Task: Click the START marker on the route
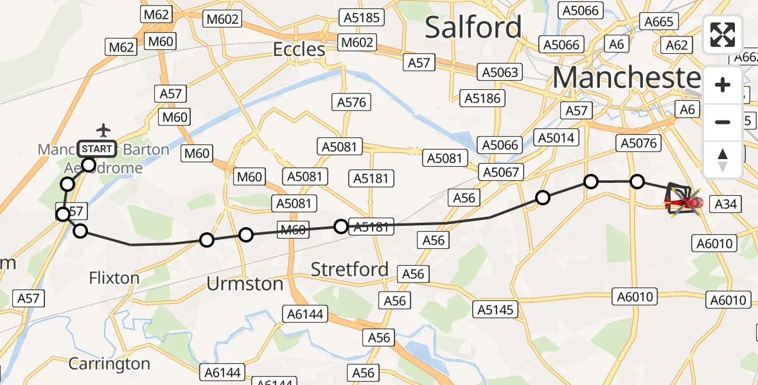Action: point(97,150)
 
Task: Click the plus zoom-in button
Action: point(723,85)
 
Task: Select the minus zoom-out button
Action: point(723,122)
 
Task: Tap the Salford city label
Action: point(473,28)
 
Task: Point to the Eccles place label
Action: point(299,49)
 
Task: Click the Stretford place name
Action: point(349,269)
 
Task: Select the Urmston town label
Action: point(245,284)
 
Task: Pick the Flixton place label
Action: point(114,278)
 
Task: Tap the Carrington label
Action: point(109,364)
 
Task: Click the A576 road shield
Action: point(351,102)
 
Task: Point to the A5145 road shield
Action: point(496,310)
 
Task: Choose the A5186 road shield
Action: point(484,98)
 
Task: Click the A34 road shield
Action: point(726,204)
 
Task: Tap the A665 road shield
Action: point(658,22)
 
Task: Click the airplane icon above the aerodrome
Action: point(103,130)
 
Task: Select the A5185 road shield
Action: point(362,17)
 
